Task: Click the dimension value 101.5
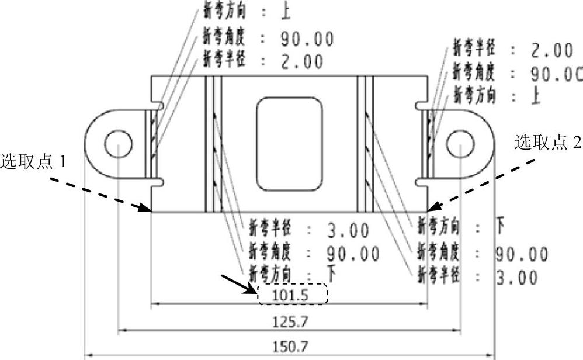[x=290, y=295]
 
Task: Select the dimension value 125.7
[x=290, y=321]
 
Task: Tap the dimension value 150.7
[x=290, y=347]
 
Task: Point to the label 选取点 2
[x=548, y=142]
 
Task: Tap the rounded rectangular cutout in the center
[x=290, y=144]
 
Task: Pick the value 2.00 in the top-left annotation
[x=301, y=61]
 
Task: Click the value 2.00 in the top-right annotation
[x=552, y=51]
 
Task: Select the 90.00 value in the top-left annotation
[x=307, y=39]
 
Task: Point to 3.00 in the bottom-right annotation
[x=517, y=278]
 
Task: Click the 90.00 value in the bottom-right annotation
[x=522, y=255]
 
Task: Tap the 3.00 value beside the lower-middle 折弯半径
[x=348, y=231]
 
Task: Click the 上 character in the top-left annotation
[x=286, y=11]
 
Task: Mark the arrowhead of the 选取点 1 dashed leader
[x=148, y=209]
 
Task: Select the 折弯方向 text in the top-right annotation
[x=474, y=95]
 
